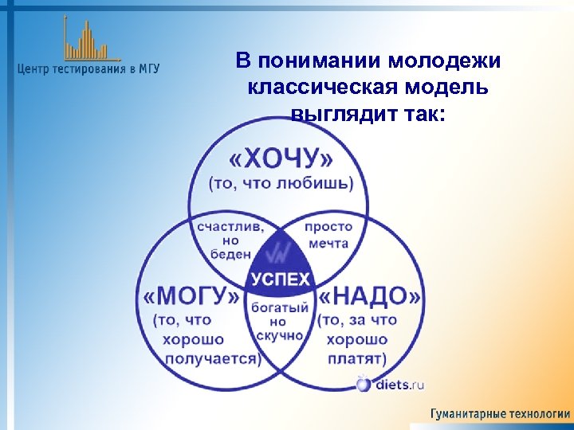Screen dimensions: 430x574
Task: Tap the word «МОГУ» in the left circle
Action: (192, 297)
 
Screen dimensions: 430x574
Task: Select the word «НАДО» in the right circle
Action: (372, 297)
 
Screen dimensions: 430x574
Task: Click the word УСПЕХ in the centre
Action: (281, 279)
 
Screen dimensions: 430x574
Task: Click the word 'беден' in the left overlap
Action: (230, 254)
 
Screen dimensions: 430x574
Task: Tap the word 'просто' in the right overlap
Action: (328, 226)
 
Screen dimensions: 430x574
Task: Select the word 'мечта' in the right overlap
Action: (328, 242)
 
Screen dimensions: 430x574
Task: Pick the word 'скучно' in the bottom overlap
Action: (278, 336)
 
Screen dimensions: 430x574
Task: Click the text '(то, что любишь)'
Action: (280, 184)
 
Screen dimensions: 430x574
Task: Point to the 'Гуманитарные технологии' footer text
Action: (500, 414)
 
